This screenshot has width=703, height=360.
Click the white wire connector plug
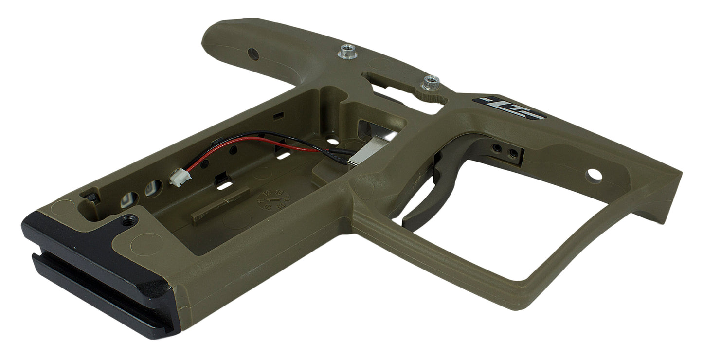tap(175, 179)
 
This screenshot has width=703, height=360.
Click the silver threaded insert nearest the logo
tap(430, 82)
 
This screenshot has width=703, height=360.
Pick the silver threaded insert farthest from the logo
tap(347, 50)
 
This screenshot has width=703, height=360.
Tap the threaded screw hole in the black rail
tap(128, 222)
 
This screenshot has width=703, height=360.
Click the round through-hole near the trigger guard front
tap(594, 174)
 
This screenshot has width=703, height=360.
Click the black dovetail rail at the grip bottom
tap(97, 272)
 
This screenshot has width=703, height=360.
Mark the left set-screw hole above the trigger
tap(496, 147)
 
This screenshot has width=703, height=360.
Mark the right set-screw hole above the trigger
tap(511, 154)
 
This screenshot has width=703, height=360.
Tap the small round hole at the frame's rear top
tap(253, 54)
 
